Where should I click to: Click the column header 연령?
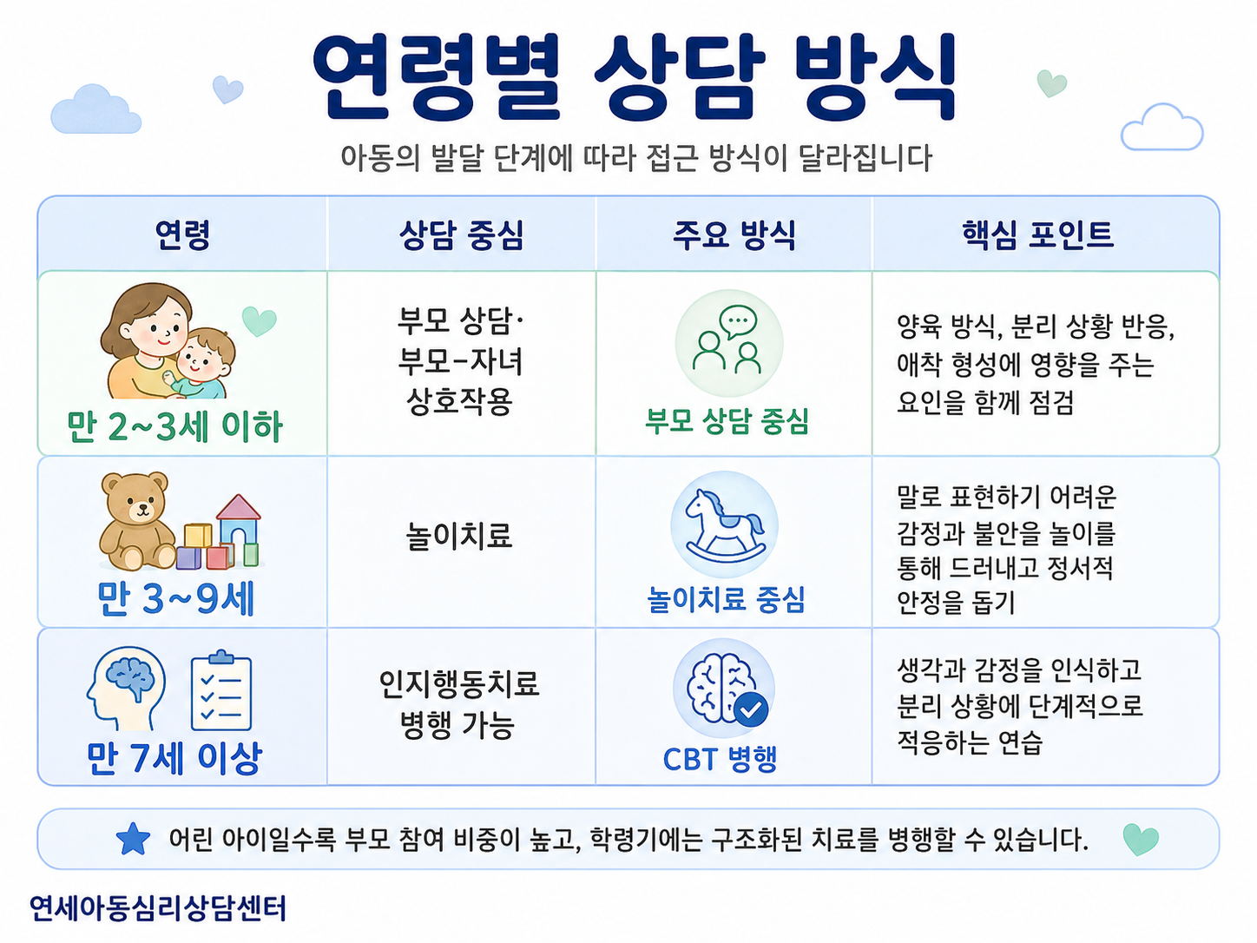[182, 234]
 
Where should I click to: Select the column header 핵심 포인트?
[1037, 234]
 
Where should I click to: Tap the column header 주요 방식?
[734, 234]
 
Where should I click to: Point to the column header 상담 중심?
[462, 234]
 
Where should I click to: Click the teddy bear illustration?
[137, 521]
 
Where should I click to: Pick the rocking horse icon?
[725, 525]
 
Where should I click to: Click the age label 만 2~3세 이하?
[174, 426]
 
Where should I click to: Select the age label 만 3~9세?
[176, 599]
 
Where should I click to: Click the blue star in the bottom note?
[133, 840]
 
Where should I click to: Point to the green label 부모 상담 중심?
[727, 421]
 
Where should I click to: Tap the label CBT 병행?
[720, 759]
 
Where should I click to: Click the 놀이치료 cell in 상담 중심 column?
[458, 536]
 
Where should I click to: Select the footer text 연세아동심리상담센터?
[157, 908]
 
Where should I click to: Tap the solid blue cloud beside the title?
[95, 109]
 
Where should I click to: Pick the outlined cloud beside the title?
[1162, 127]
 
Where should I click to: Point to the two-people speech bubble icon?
[727, 340]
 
